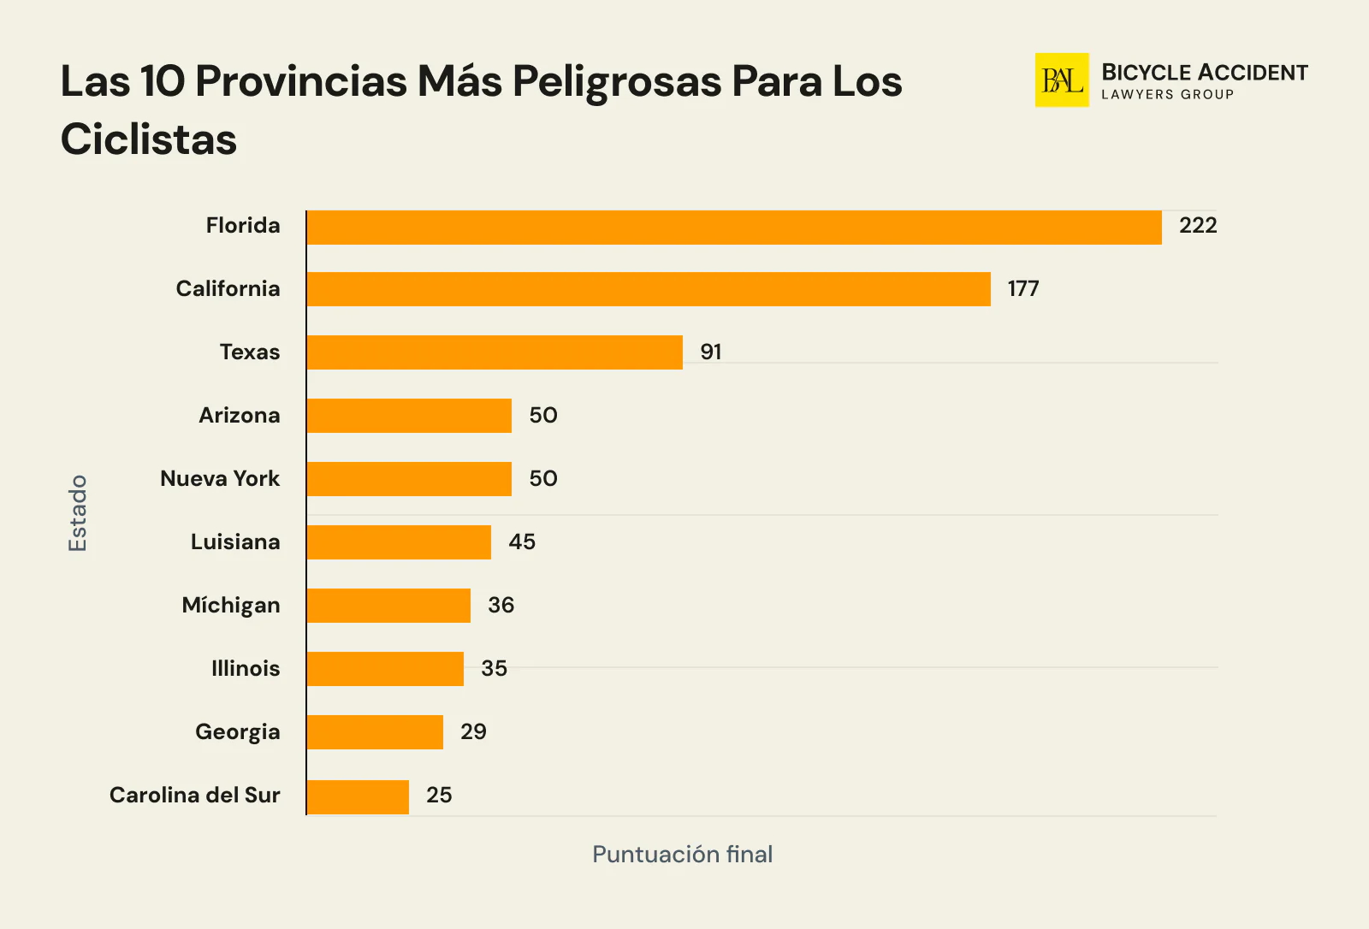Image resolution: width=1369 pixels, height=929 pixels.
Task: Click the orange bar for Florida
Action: pos(734,228)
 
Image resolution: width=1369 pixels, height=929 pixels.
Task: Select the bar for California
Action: pos(649,289)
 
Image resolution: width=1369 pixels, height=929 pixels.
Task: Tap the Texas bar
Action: pos(495,352)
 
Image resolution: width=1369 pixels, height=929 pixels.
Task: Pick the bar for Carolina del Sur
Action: pos(358,796)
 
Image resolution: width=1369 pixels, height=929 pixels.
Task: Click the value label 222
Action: pos(1197,226)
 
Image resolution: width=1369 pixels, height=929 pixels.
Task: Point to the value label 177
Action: pos(1022,289)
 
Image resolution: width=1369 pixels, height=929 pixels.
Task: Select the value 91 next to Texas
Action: pos(710,352)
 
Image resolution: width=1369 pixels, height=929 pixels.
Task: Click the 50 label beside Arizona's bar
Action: pos(542,416)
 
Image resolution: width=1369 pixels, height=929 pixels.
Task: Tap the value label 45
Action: pos(522,542)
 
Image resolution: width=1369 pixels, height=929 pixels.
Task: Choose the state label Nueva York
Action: pos(220,479)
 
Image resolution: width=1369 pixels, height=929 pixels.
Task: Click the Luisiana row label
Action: pos(235,542)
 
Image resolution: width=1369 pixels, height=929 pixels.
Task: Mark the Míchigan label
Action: pos(231,606)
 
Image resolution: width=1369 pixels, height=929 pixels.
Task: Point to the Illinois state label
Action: pos(246,669)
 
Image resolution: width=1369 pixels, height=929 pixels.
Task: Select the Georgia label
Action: pos(238,732)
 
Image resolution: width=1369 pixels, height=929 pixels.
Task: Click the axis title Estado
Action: pos(78,513)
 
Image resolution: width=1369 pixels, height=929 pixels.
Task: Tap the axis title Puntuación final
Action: pos(682,855)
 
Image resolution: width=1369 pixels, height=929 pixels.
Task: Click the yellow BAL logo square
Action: pos(1061,80)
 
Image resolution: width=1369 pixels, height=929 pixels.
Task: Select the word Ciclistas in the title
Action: pos(149,139)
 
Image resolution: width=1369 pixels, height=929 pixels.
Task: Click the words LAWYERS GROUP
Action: pos(1167,95)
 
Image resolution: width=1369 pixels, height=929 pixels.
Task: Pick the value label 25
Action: pos(439,796)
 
